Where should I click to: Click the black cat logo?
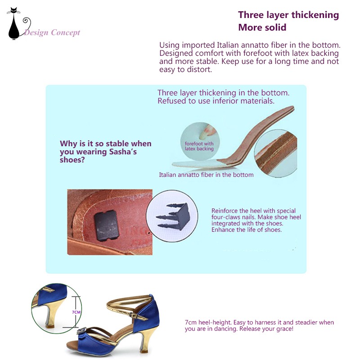tap(14, 25)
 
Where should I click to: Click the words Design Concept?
tap(52, 32)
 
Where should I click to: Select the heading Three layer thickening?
tap(288, 15)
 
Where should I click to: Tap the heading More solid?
tap(262, 27)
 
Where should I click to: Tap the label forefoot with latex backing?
tap(199, 146)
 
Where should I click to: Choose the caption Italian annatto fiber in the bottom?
tap(206, 175)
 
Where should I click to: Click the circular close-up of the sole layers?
tap(275, 153)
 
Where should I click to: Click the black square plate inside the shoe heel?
tap(107, 225)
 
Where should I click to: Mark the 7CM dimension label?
tap(76, 312)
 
